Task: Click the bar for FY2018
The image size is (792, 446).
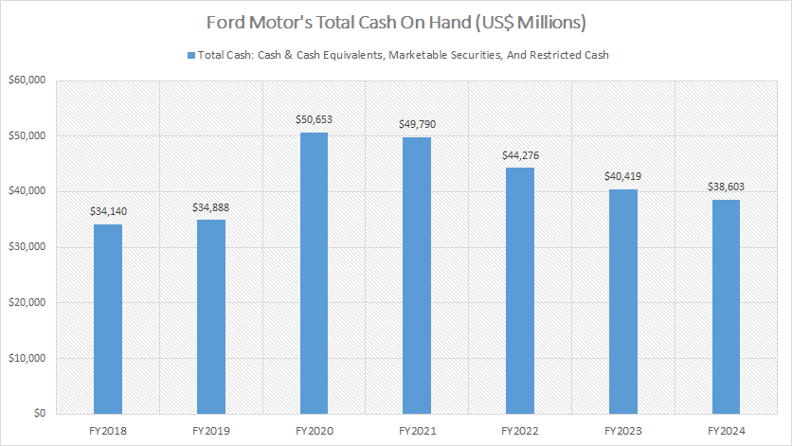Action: (107, 319)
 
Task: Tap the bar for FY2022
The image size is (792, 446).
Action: (520, 291)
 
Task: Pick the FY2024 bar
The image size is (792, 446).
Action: (726, 307)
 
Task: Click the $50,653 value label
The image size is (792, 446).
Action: (314, 120)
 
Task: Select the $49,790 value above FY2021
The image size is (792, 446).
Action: (417, 124)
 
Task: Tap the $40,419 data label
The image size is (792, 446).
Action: (622, 176)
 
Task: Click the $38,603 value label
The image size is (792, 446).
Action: (726, 187)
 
